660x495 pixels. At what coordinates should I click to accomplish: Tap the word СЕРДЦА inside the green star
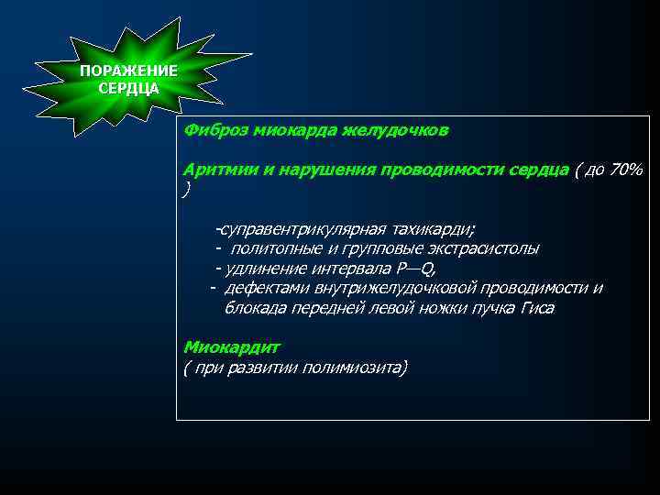click(128, 89)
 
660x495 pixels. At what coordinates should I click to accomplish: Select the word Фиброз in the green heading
click(208, 131)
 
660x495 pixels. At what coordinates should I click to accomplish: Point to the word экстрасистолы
click(484, 248)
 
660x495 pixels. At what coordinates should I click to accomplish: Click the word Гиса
click(537, 309)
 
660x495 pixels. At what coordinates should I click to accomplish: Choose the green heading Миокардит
click(231, 348)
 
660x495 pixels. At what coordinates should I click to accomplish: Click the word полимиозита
click(353, 368)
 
